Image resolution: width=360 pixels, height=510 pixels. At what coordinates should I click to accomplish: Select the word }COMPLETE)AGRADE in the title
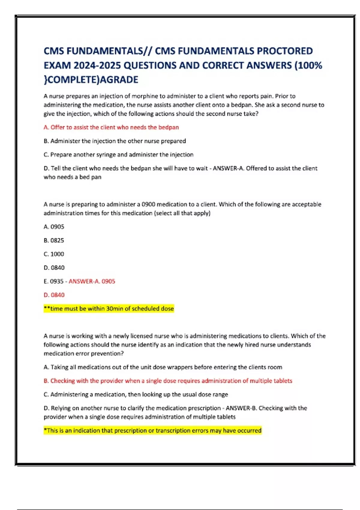pos(91,80)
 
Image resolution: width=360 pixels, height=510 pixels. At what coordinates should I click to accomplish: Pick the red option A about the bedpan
pos(111,127)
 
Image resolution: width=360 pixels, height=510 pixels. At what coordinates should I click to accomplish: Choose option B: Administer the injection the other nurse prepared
pos(115,141)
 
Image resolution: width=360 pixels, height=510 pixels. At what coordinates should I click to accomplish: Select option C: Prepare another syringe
pos(118,155)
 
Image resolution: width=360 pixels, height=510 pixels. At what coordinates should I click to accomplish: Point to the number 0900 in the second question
pos(148,205)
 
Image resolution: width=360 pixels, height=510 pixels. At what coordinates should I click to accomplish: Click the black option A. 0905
pos(54,227)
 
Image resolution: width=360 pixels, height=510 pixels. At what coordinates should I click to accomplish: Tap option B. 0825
pos(54,241)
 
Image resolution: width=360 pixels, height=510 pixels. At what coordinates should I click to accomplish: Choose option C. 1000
pos(54,254)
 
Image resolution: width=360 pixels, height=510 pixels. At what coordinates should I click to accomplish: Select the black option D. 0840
pos(54,268)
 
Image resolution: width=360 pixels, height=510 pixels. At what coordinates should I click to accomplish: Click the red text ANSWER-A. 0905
pos(92,281)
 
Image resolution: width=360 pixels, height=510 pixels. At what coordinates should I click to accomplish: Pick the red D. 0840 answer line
pos(54,295)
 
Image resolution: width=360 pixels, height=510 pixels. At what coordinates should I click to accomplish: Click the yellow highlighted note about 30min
pos(109,309)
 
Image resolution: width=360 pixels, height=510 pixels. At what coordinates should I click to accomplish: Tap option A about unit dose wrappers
pos(163,367)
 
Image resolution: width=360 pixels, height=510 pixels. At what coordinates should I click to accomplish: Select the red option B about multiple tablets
pos(168,381)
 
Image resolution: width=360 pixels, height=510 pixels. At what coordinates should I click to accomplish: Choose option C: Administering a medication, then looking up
pos(136,394)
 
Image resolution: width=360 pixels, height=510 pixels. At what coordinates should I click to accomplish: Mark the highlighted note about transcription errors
pos(153,431)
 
